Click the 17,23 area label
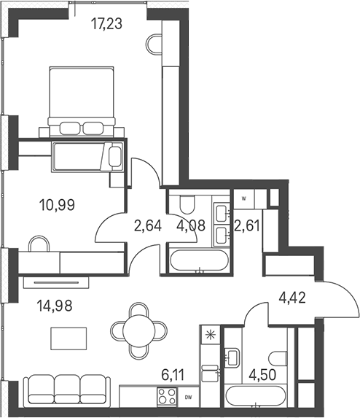click(x=106, y=23)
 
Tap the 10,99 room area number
click(x=57, y=205)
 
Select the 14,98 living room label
click(x=55, y=306)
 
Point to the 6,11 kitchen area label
click(x=173, y=376)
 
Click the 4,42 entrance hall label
click(x=292, y=298)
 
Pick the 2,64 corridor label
click(x=148, y=226)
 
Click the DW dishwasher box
click(x=189, y=397)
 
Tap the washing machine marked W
click(x=244, y=198)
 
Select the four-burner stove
click(x=168, y=397)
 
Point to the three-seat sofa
click(x=67, y=391)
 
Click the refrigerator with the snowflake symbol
click(x=211, y=334)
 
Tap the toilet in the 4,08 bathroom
click(x=187, y=204)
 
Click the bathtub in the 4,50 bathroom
click(x=256, y=396)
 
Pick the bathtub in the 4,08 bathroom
click(x=199, y=260)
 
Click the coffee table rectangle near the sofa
click(x=69, y=338)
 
